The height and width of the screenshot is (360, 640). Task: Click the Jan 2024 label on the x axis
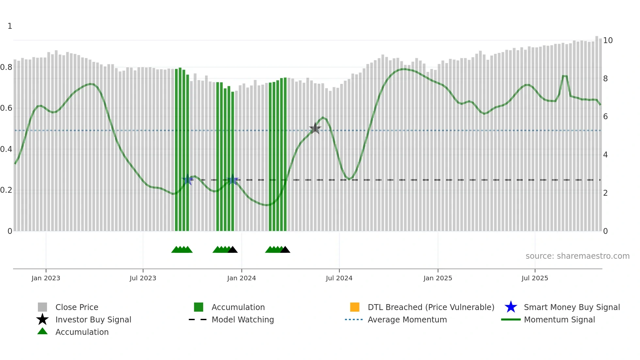(241, 278)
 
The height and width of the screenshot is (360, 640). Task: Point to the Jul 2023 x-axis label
(143, 278)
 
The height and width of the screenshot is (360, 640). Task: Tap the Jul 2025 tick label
(535, 278)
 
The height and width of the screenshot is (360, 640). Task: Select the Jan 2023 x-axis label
(46, 278)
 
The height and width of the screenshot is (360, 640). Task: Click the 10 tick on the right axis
(608, 41)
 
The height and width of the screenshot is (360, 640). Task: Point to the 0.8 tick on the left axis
(6, 67)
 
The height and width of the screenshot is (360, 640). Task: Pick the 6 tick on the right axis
(605, 117)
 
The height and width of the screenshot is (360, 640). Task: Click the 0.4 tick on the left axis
(6, 149)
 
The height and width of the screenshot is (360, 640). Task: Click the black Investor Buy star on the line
(315, 128)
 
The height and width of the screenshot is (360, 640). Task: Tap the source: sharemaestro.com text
(577, 256)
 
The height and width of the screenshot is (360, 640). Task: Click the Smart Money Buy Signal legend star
(511, 307)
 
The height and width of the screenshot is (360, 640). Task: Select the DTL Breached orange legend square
(355, 307)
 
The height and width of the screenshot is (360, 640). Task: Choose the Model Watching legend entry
(243, 319)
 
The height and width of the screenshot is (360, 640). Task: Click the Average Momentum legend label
(407, 319)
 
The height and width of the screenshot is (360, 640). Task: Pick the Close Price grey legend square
(42, 307)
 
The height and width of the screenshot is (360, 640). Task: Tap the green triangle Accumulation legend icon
(42, 331)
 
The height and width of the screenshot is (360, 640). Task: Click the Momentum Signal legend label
(559, 319)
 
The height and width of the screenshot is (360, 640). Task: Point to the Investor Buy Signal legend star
(42, 319)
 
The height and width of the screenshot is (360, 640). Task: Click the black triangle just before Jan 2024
(232, 250)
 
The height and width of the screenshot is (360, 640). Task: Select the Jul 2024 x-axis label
(339, 278)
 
